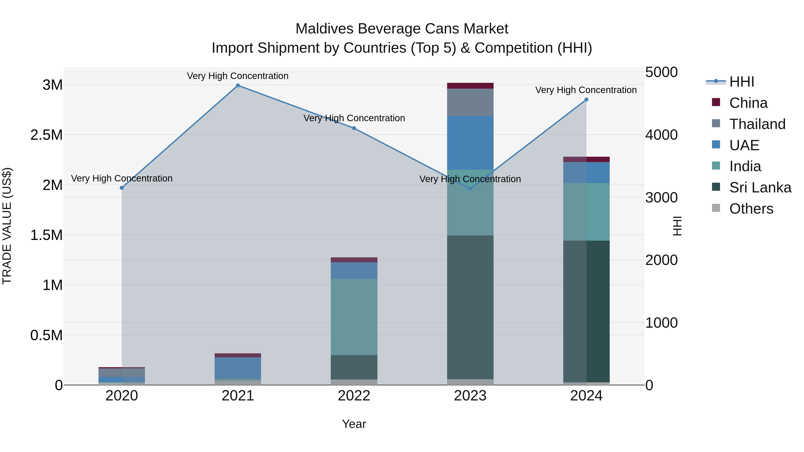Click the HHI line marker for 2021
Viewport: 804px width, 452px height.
(238, 85)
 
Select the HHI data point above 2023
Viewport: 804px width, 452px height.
(470, 188)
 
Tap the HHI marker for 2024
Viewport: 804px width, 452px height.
(586, 100)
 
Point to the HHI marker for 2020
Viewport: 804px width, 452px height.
(122, 188)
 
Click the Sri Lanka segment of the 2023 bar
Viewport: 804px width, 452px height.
(470, 307)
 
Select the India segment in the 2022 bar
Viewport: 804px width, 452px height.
(354, 317)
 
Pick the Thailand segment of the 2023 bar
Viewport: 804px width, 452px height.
(470, 102)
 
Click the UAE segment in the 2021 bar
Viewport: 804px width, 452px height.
(238, 368)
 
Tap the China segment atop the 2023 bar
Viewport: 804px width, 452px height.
(470, 86)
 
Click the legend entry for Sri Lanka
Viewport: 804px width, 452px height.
(760, 187)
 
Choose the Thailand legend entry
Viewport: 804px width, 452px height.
(757, 124)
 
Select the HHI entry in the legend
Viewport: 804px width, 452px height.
(741, 82)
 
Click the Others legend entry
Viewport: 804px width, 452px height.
(751, 209)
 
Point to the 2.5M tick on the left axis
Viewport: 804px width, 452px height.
(46, 135)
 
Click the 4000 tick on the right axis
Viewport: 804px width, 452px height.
(661, 135)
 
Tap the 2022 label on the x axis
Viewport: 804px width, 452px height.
(354, 396)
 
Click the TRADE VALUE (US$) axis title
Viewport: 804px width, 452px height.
(7, 226)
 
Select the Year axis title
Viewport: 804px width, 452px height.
(354, 424)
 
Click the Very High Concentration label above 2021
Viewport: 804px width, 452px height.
(238, 76)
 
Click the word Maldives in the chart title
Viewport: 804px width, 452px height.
(325, 29)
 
